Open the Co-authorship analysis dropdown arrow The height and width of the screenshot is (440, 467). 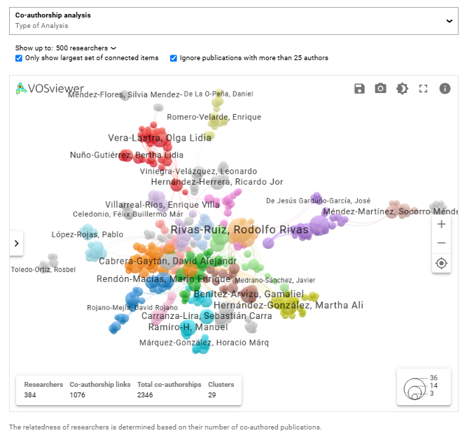point(449,21)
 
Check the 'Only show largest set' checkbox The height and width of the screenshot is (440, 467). point(19,58)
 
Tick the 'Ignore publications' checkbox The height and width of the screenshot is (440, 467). point(174,58)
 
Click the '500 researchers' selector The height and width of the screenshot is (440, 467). point(86,48)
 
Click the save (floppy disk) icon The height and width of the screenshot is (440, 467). point(359,88)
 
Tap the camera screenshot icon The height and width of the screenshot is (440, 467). point(380,88)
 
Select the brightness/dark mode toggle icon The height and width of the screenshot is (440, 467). point(402,88)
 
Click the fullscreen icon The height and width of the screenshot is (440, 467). point(423,88)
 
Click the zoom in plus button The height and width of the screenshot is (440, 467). point(441,225)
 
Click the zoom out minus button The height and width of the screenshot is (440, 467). point(441,243)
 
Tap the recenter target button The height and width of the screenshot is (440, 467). point(441,263)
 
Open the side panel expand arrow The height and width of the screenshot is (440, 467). point(17,243)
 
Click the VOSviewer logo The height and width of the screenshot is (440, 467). point(50,89)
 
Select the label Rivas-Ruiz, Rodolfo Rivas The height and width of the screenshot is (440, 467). point(239,229)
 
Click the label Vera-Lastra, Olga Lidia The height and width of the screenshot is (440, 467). point(160,138)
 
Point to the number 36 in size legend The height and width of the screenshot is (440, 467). point(434,378)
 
